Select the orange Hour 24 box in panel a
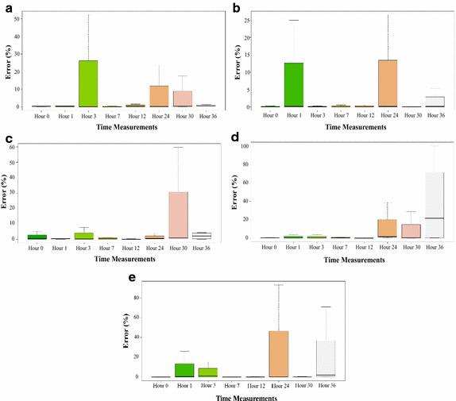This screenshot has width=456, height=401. pos(160,96)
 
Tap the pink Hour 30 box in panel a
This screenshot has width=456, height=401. pos(183,98)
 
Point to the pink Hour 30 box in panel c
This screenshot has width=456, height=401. pos(179,214)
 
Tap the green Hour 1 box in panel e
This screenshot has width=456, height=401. pos(184,370)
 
